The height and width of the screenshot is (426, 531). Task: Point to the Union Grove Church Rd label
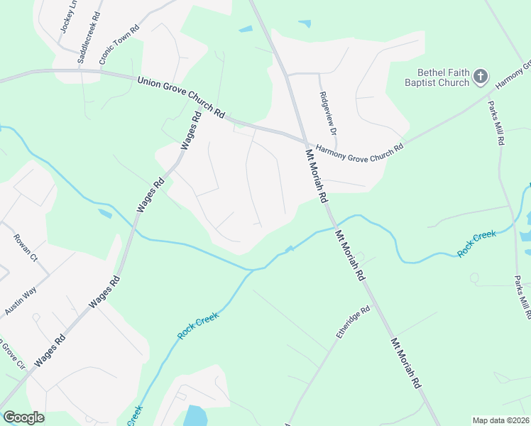[180, 98]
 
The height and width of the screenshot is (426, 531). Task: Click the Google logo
[23, 417]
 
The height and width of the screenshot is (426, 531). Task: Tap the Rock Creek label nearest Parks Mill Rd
[476, 244]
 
